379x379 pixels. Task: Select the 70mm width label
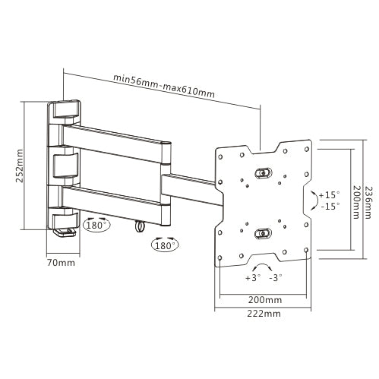click(62, 263)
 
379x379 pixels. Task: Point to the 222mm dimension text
click(263, 312)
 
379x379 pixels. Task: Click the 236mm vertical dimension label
click(369, 194)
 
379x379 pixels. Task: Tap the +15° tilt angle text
click(330, 194)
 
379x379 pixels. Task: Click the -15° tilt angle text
click(330, 206)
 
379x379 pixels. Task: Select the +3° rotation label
click(252, 278)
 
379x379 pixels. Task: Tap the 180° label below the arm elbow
click(166, 245)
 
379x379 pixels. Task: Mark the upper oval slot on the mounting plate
click(263, 172)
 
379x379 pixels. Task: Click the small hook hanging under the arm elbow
click(140, 227)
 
